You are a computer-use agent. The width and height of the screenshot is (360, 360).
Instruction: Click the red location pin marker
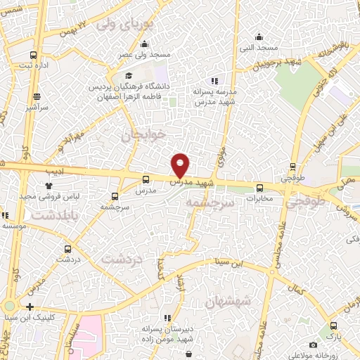point(181,165)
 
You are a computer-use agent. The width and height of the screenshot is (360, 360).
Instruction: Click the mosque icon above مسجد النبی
point(259,37)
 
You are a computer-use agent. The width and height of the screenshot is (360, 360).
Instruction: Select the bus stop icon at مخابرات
point(259,188)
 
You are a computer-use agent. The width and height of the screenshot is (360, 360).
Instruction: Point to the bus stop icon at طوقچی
point(293,167)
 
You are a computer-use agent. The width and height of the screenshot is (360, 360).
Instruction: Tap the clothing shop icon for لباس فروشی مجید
point(49,185)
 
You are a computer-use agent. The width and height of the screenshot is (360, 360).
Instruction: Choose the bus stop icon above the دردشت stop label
point(67,248)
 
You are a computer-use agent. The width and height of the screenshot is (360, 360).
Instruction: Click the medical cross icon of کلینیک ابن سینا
point(30,307)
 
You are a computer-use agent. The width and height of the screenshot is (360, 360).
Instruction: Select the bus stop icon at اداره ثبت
point(33,55)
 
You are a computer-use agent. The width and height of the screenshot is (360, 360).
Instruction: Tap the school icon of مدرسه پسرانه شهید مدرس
point(214,81)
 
